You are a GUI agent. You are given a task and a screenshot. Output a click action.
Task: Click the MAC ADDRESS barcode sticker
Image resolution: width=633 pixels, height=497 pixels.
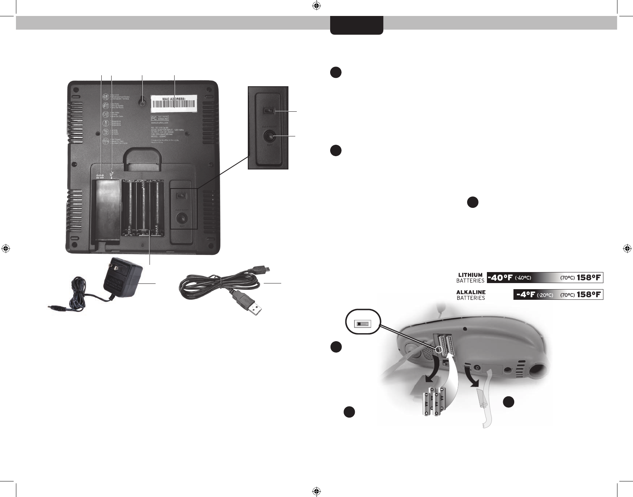tap(174, 102)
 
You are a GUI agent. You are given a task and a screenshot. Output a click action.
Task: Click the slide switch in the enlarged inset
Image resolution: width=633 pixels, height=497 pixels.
tap(269, 111)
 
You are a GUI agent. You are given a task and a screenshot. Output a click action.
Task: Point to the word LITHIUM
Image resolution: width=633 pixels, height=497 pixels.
tap(471, 275)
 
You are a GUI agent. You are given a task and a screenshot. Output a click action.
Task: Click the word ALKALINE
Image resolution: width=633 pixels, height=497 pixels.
tap(471, 292)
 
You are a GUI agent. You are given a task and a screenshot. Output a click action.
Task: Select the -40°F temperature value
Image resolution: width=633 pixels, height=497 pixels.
tap(501, 277)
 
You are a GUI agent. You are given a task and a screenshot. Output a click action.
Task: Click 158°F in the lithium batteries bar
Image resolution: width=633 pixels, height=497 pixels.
tap(589, 277)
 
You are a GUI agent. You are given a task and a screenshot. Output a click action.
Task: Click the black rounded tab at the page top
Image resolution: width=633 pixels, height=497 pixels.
tap(356, 25)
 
